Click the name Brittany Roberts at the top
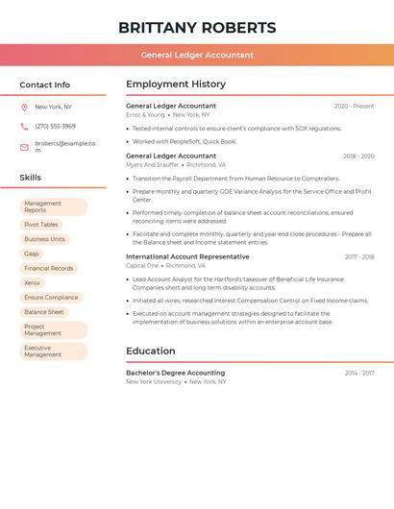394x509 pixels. click(x=197, y=28)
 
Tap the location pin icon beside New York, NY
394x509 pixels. click(x=24, y=108)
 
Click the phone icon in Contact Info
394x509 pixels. click(x=24, y=127)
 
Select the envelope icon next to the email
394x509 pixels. click(x=24, y=147)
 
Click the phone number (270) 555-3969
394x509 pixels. click(x=55, y=127)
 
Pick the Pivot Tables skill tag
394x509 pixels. click(x=41, y=225)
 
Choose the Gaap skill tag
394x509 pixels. click(x=32, y=254)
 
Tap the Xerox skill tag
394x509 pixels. click(x=33, y=283)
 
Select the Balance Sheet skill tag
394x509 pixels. click(x=44, y=312)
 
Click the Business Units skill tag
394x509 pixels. click(x=45, y=239)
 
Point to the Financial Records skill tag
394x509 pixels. click(x=49, y=269)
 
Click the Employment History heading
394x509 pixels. click(x=176, y=85)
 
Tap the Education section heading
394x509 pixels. click(x=151, y=351)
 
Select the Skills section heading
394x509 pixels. click(x=31, y=178)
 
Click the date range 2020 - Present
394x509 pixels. click(x=354, y=107)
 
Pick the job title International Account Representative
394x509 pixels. click(x=187, y=257)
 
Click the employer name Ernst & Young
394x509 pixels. click(x=145, y=115)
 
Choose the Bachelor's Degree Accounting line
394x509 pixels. click(x=175, y=373)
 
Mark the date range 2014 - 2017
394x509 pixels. click(x=359, y=373)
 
